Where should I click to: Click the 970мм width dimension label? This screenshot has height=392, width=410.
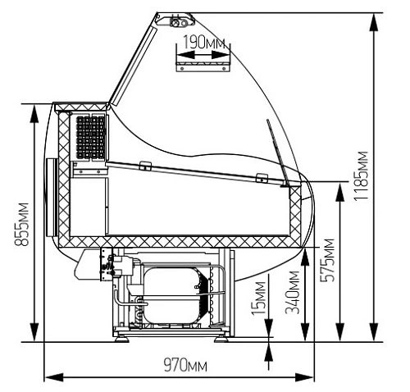(185, 365)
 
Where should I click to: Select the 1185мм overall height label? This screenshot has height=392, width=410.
(361, 176)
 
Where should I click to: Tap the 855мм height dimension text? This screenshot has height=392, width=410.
(21, 224)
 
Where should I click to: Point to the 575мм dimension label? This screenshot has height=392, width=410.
(327, 260)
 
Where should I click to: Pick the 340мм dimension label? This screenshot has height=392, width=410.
(292, 292)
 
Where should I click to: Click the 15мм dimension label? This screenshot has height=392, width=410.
(258, 298)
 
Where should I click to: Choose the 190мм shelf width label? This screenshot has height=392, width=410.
(203, 43)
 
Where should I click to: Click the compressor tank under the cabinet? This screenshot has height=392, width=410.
(172, 295)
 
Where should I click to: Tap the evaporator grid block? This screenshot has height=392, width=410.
(90, 138)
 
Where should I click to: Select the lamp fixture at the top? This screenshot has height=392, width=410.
(179, 21)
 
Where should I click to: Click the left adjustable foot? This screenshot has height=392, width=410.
(122, 339)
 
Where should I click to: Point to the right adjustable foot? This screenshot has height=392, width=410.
(221, 339)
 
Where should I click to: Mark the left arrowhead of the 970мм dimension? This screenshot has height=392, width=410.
(54, 377)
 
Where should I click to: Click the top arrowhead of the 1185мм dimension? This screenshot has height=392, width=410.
(374, 23)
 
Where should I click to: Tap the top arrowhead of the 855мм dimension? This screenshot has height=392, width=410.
(34, 115)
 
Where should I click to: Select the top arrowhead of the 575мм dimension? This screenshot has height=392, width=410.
(340, 192)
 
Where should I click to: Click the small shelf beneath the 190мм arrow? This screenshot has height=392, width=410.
(203, 66)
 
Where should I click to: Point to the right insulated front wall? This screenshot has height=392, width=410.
(295, 215)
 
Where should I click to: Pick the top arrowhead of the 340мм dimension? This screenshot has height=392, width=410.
(305, 257)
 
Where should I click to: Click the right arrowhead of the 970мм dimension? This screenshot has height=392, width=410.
(304, 377)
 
